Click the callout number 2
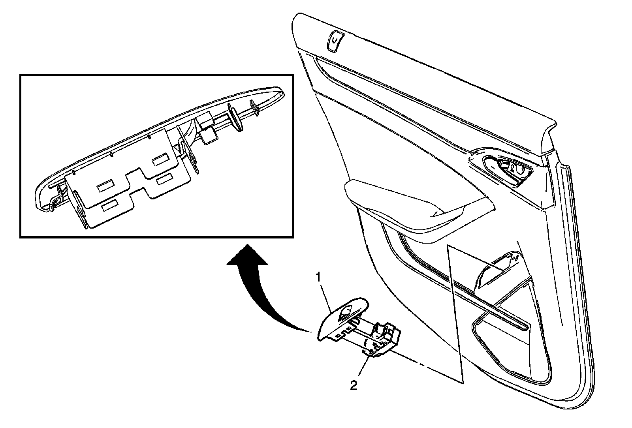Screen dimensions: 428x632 [x=354, y=385]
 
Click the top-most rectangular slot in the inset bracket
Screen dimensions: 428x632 [x=161, y=161]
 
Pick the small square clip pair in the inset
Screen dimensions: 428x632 [x=207, y=128]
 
